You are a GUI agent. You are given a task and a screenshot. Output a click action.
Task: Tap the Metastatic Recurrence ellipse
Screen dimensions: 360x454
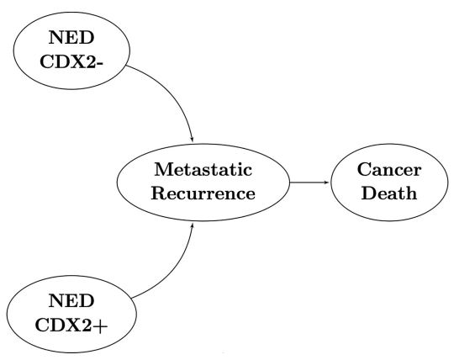click(203, 182)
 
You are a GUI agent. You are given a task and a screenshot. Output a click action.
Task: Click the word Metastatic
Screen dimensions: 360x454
click(203, 171)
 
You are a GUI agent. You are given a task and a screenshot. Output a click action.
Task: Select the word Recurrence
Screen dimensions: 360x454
click(203, 193)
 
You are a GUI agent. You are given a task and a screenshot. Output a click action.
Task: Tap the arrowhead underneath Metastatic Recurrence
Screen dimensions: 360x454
click(194, 225)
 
